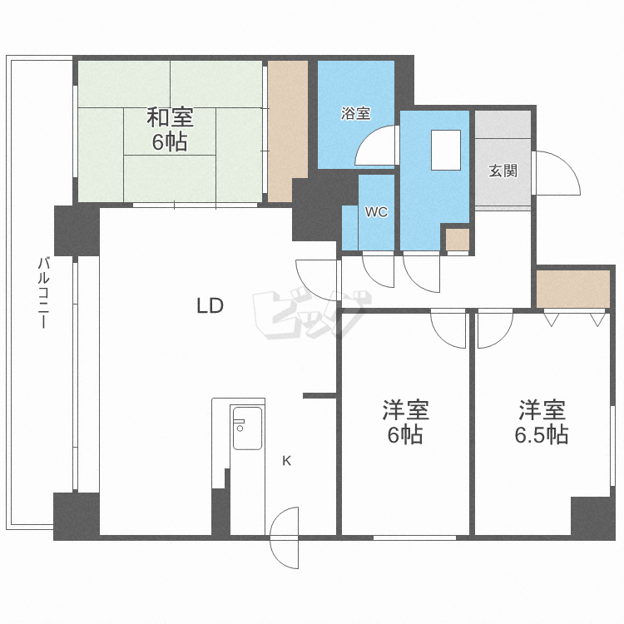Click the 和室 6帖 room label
[171, 129]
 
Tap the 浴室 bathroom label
[356, 113]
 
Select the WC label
[376, 212]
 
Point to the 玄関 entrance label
[503, 171]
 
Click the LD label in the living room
[210, 305]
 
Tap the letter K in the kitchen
[286, 461]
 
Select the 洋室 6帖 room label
[405, 422]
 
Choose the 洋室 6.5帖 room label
[542, 422]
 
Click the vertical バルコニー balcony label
[43, 293]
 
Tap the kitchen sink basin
[248, 428]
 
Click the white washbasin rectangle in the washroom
[446, 150]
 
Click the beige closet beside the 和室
[287, 131]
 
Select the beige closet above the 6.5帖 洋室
[573, 290]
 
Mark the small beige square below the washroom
[458, 240]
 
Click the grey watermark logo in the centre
[312, 314]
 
